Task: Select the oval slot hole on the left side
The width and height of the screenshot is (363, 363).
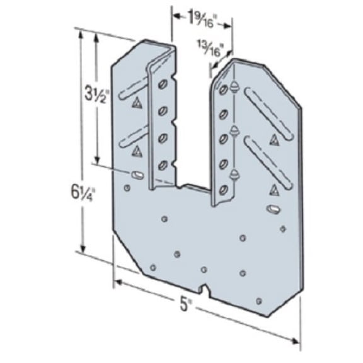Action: click(x=136, y=174)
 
